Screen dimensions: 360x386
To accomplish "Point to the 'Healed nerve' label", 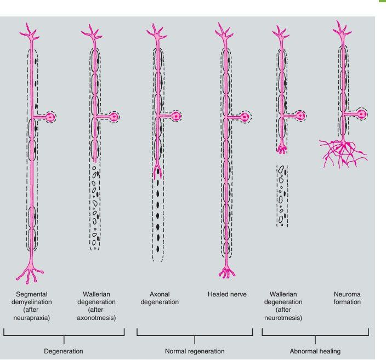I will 227,294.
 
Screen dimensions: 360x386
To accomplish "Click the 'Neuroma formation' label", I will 347,298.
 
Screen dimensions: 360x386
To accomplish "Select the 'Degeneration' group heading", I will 64,351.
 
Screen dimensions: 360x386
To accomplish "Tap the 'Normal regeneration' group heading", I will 195,351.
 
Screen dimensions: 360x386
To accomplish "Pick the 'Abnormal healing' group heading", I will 315,351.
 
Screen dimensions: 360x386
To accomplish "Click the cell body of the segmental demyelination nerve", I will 50,117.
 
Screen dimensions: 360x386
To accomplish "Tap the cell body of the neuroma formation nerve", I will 362,113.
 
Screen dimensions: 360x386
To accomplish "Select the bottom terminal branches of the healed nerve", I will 224,270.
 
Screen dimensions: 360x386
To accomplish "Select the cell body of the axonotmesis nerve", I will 114,117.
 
